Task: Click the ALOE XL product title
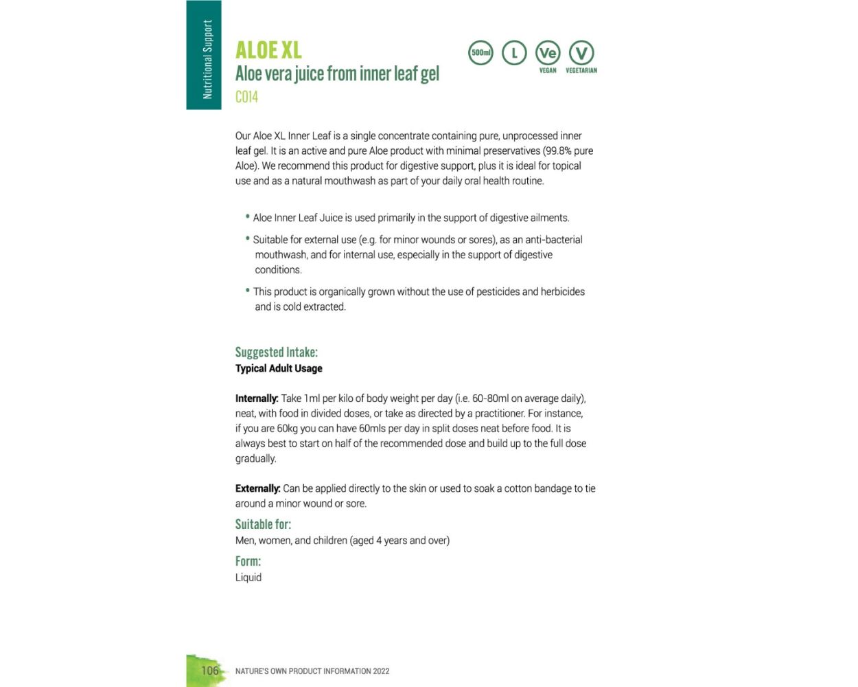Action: coord(268,50)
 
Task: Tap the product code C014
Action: coord(246,97)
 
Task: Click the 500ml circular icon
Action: coord(480,53)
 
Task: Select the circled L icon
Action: coord(514,53)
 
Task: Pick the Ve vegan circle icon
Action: coord(548,53)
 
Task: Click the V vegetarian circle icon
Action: coord(581,53)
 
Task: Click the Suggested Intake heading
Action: coord(276,352)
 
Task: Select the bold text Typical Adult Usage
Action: coord(279,368)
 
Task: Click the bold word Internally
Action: coord(257,398)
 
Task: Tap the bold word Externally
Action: coord(257,488)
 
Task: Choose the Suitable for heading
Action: coord(263,524)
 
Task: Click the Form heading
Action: coord(248,561)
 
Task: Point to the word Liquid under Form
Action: coord(248,577)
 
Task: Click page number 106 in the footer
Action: coord(209,671)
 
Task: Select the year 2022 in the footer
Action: coord(381,671)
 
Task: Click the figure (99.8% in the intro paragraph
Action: coord(557,151)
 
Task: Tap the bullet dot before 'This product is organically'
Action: coord(247,290)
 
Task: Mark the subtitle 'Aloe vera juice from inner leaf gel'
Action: coord(337,74)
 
